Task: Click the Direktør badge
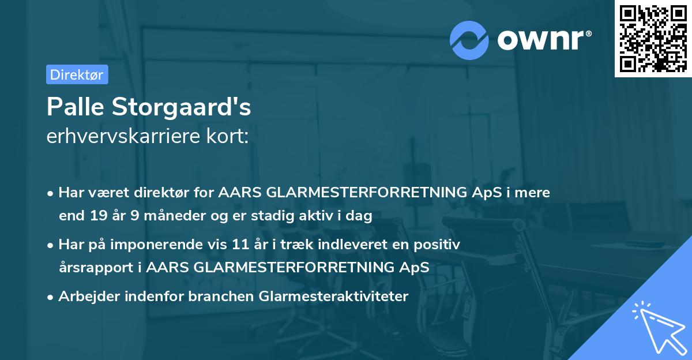pos(77,74)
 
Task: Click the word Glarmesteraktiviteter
pos(334,297)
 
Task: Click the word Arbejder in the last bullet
pos(85,297)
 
